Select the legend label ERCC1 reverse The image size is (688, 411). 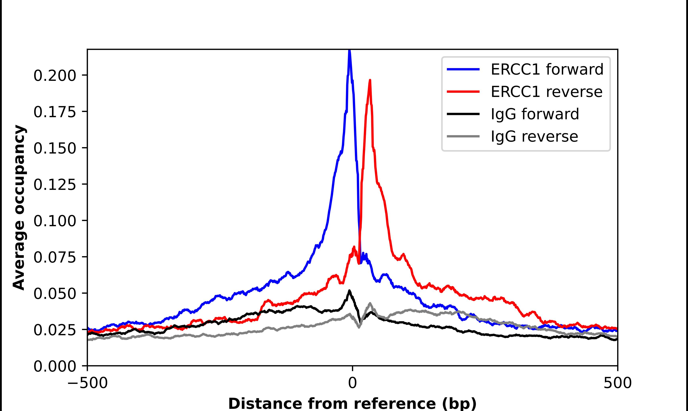[x=546, y=92]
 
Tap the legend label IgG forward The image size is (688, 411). [x=534, y=114]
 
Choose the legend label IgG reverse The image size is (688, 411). [x=534, y=137]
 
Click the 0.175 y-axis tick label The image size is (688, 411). [x=55, y=112]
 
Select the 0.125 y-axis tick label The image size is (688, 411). [x=55, y=184]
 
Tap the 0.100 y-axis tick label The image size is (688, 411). [x=55, y=221]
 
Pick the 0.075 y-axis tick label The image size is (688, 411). [x=55, y=257]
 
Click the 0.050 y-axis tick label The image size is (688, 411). [x=55, y=294]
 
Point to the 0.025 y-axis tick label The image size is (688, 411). [x=55, y=330]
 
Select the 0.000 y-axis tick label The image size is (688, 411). [x=55, y=366]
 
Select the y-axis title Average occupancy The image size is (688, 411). [x=19, y=207]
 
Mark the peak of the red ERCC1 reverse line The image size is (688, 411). [x=370, y=80]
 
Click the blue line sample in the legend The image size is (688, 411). [x=463, y=69]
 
